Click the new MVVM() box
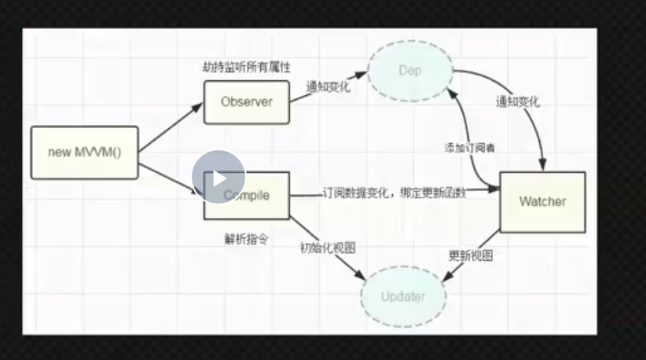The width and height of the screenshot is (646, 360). click(x=85, y=152)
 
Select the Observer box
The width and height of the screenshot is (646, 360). click(x=246, y=101)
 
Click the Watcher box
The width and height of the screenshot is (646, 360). click(x=542, y=201)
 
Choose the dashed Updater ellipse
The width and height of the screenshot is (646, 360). click(x=403, y=297)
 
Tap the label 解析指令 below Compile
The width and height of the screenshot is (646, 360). click(x=247, y=239)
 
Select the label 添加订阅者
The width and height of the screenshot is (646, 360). click(x=469, y=147)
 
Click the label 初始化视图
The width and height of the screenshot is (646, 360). click(x=328, y=248)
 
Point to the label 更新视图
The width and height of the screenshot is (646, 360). click(x=471, y=255)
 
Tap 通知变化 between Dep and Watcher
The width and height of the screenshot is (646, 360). click(x=518, y=102)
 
